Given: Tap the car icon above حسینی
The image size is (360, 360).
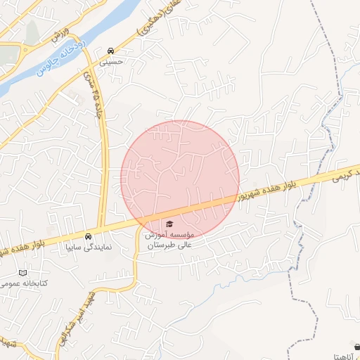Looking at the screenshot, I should point(112,51).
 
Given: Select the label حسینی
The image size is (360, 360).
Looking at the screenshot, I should point(112,62).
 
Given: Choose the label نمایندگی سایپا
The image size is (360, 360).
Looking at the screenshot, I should point(88,247).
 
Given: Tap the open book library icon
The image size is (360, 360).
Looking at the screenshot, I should point(25,271).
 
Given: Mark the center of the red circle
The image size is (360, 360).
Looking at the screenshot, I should point(180,179).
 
